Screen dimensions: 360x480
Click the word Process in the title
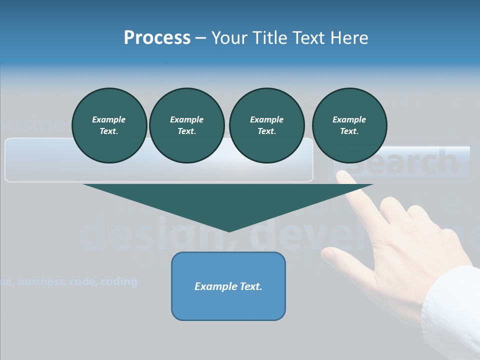pyautogui.click(x=157, y=37)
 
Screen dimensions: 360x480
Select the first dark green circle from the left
pyautogui.click(x=109, y=125)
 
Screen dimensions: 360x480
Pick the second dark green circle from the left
pyautogui.click(x=186, y=125)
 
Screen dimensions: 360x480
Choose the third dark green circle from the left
pyautogui.click(x=266, y=125)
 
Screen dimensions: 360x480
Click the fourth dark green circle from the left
pyautogui.click(x=349, y=125)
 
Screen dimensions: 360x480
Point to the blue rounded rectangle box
pyautogui.click(x=228, y=286)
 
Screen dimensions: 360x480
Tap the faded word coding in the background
pyautogui.click(x=118, y=281)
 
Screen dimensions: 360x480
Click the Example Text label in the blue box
pyautogui.click(x=228, y=286)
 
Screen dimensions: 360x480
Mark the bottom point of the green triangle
pyautogui.click(x=228, y=231)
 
